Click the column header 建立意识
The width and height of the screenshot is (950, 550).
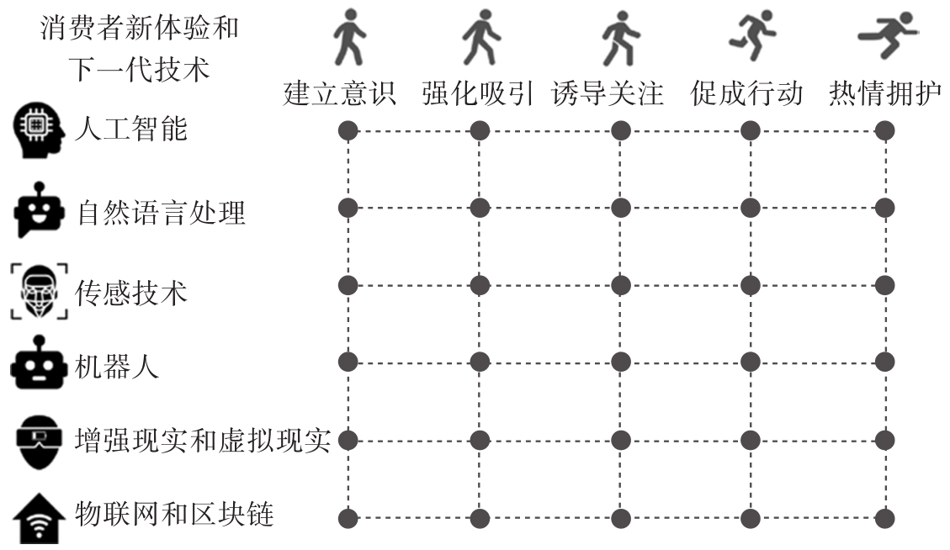pos(339,93)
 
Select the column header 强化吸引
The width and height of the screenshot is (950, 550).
pos(478,93)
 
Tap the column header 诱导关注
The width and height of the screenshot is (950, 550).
pos(608,93)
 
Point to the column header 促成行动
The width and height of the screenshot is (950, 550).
pos(747,93)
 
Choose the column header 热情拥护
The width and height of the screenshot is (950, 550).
pos(885,93)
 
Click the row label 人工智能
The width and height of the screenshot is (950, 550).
pos(131,129)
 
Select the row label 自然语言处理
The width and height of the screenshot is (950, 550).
pos(162,213)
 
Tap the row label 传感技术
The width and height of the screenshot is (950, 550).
pos(131,293)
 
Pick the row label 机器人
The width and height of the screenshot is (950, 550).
pos(117,366)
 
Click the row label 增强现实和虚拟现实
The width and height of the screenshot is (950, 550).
pos(203,441)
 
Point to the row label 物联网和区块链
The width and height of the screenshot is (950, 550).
pos(174,515)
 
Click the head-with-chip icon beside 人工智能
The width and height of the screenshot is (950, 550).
pos(38,130)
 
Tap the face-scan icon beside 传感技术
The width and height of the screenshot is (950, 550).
pos(40,291)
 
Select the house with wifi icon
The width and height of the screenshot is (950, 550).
pos(39,519)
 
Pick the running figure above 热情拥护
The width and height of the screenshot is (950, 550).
pos(888,34)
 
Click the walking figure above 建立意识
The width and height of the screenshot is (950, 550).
pos(349,37)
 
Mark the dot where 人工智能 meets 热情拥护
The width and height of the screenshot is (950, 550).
pos(884,130)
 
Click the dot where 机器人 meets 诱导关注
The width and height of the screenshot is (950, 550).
pos(620,362)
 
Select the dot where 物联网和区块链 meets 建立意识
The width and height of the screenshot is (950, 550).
pos(348,519)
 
